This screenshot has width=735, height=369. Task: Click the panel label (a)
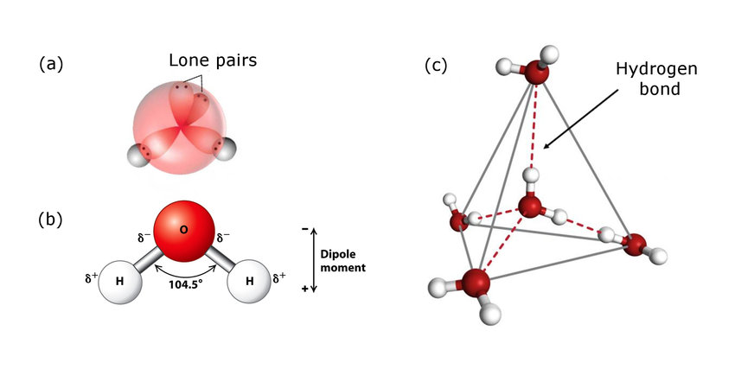[x=52, y=64]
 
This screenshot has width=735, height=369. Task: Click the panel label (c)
[x=436, y=66]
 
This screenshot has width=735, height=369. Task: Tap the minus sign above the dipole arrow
[x=304, y=230]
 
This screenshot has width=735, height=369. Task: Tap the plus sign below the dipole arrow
[x=304, y=288]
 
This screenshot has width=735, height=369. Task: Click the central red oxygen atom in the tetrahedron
[x=529, y=207]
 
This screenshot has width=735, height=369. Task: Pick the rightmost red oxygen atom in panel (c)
[x=637, y=244]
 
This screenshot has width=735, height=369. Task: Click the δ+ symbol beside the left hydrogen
[x=90, y=277]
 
